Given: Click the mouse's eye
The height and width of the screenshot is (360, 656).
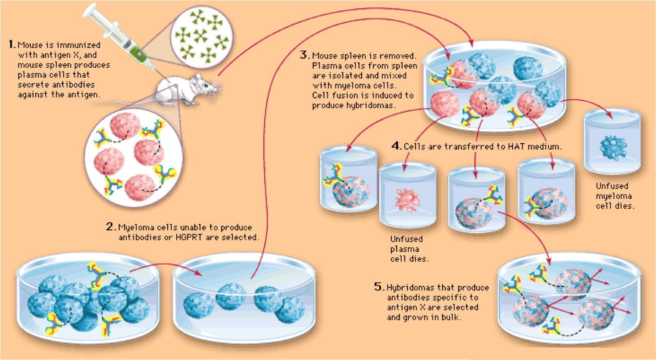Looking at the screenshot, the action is point(206,85).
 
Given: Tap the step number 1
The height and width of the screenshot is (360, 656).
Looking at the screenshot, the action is point(11,44).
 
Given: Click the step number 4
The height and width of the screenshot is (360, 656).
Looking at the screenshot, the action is point(396,146).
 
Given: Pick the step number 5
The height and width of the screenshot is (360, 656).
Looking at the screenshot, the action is point(379,286).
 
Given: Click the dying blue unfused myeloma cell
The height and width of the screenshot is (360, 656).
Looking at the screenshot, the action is point(613,147).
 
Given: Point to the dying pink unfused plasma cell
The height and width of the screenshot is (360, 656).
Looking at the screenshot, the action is point(407,200).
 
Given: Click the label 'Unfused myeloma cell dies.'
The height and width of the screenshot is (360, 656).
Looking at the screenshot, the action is point(615,196).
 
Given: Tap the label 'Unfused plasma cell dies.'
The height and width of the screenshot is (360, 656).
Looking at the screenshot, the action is point(409,249).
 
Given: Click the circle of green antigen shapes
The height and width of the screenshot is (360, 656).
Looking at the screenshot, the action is point(202,37).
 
